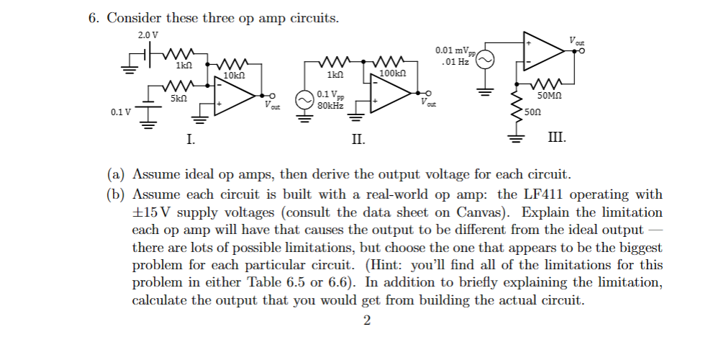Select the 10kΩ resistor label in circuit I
(x=235, y=75)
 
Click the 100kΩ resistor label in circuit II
(x=392, y=74)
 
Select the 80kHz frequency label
(x=330, y=105)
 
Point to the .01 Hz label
(x=456, y=62)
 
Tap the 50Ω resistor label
(x=533, y=112)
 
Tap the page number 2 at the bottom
(x=367, y=320)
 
